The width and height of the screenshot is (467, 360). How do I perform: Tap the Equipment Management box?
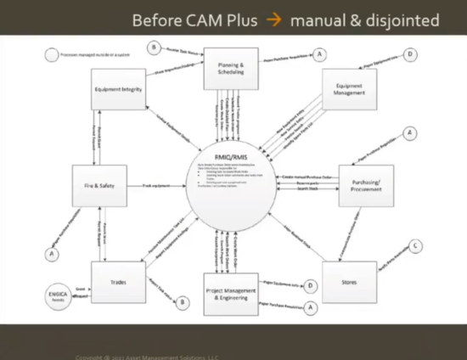click(350, 88)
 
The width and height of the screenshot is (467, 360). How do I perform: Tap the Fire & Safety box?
click(98, 184)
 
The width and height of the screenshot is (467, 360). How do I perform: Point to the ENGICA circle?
click(57, 296)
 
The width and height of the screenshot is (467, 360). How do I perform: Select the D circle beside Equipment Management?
click(410, 54)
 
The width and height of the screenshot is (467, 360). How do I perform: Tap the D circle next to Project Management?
click(312, 286)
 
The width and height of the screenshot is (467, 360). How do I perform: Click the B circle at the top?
click(154, 48)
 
